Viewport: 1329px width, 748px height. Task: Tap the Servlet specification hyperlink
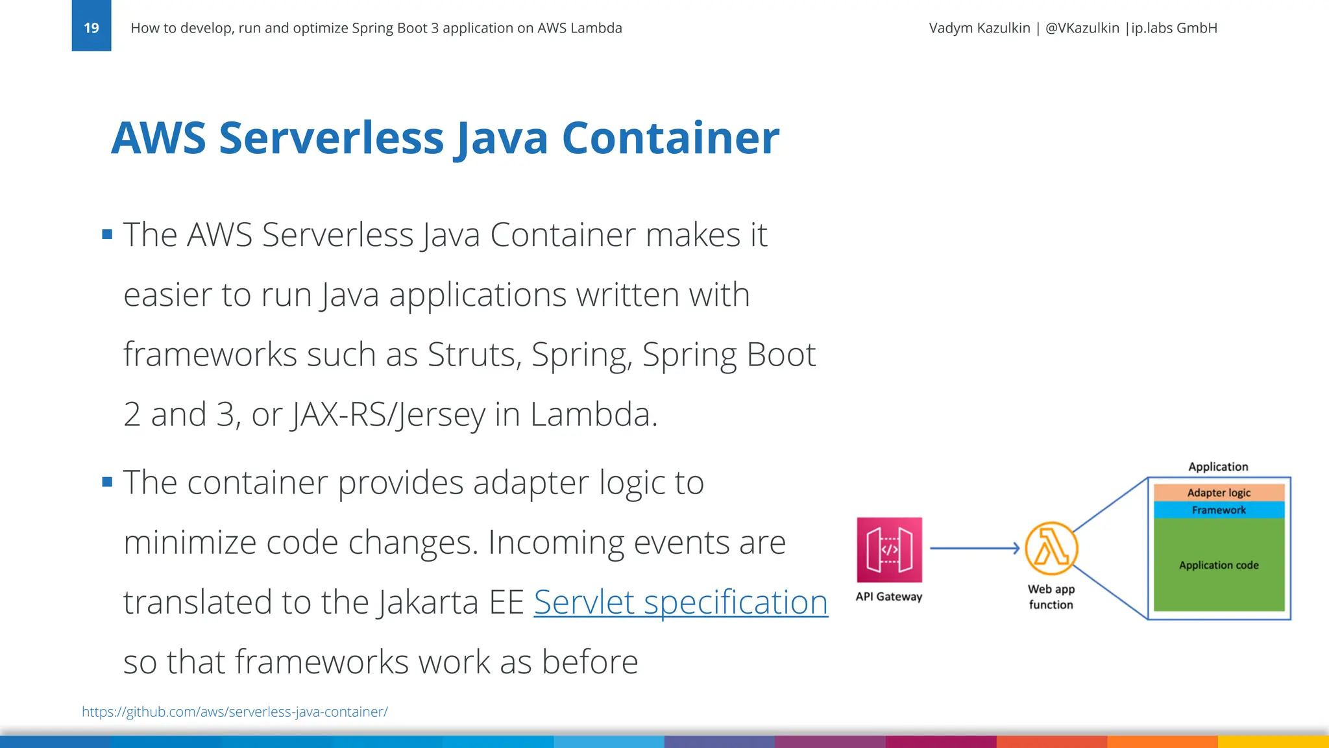point(681,603)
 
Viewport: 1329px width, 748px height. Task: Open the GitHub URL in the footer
point(235,712)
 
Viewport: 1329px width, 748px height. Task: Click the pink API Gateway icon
point(889,550)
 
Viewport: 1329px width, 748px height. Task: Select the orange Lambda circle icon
point(1051,549)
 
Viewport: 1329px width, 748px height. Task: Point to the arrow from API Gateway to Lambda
point(973,549)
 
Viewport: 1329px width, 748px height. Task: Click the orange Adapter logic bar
point(1219,493)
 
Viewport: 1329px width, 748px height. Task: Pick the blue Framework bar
point(1219,510)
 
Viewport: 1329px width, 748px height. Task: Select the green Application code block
point(1219,565)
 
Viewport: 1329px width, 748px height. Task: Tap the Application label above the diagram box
point(1218,467)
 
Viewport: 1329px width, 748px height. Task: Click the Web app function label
point(1051,597)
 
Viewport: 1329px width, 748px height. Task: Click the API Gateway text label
point(889,597)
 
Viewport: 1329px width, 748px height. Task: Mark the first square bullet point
point(107,234)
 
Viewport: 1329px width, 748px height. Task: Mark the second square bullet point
point(107,482)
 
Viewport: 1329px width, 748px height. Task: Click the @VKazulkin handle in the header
point(1082,28)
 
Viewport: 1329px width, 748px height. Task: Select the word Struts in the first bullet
point(474,355)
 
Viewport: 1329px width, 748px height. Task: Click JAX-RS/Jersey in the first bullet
point(388,415)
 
